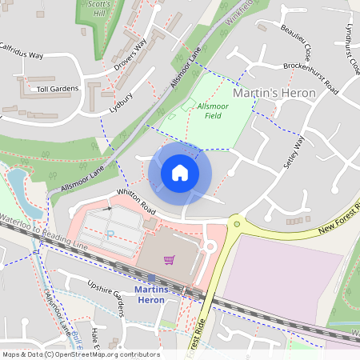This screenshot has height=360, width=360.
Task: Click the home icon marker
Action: (x=180, y=173)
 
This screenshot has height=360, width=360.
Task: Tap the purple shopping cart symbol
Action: (x=169, y=259)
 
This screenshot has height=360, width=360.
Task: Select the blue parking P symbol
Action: (x=111, y=234)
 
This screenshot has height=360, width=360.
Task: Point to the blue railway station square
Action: (x=150, y=278)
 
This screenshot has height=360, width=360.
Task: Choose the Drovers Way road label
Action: (x=130, y=55)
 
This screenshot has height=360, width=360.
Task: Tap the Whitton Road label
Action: (x=133, y=200)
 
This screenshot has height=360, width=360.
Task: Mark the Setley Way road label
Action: (x=295, y=153)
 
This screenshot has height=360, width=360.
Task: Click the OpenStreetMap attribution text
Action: (x=80, y=354)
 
